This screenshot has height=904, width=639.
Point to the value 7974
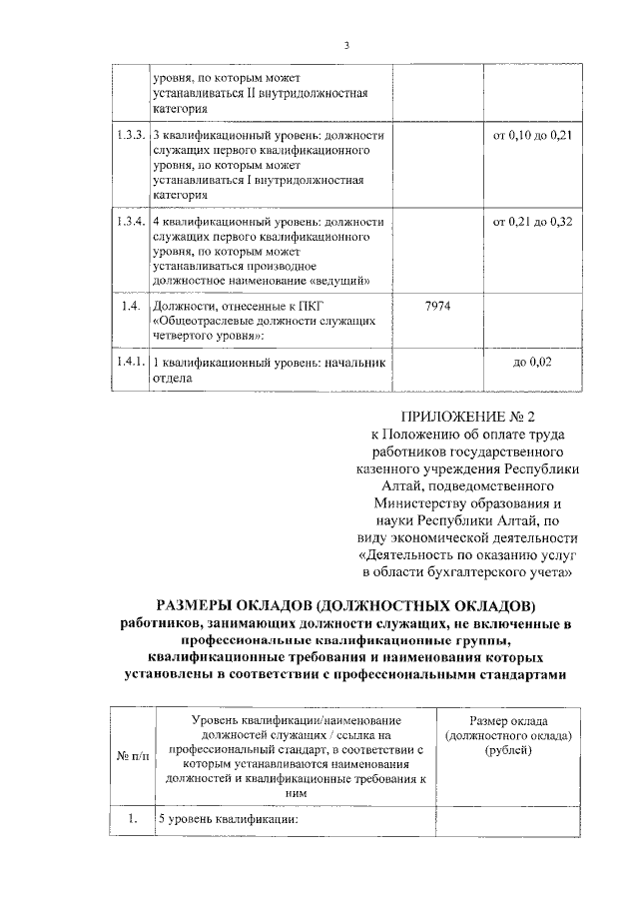[437, 305]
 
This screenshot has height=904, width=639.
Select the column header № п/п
[129, 757]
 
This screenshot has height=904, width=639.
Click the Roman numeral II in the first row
[253, 94]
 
